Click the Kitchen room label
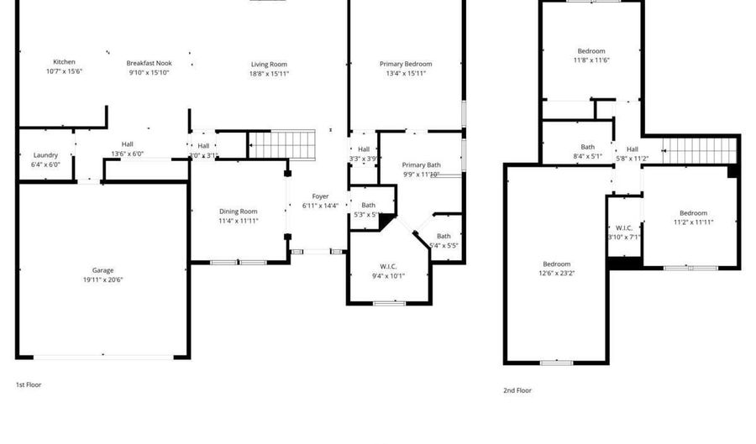tap(64, 62)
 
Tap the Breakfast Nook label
tap(150, 63)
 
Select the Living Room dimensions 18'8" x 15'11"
tap(269, 74)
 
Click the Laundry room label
tap(45, 155)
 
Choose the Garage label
tap(102, 270)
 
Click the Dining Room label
tap(239, 211)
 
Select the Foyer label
tap(320, 196)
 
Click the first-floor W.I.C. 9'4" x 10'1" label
tap(388, 271)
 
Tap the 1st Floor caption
tap(29, 384)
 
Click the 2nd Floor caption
tap(517, 390)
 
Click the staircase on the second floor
tap(699, 151)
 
